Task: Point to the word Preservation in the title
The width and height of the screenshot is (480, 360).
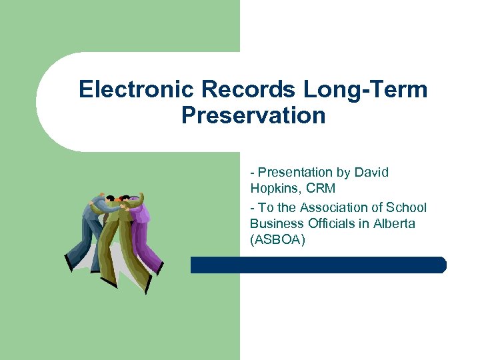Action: click(253, 115)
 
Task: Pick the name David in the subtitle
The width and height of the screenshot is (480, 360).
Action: click(371, 172)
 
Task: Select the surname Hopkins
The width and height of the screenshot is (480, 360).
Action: click(275, 188)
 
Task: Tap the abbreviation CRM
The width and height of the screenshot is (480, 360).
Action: click(321, 188)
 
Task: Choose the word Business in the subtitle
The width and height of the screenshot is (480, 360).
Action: click(275, 223)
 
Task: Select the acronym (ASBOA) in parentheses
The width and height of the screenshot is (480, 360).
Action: click(277, 239)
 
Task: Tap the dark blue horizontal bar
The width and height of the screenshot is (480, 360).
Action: click(318, 265)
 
